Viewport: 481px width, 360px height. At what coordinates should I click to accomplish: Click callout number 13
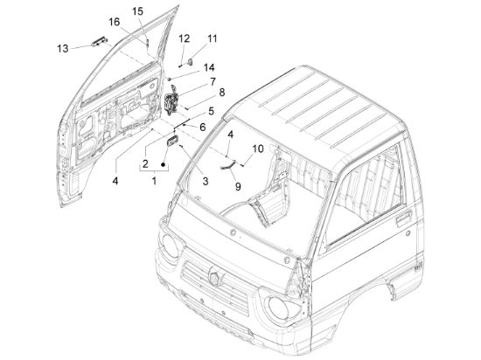pyautogui.click(x=62, y=47)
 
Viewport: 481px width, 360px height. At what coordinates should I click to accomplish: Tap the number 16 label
pyautogui.click(x=115, y=21)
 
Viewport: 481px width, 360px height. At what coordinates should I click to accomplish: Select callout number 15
pyautogui.click(x=138, y=10)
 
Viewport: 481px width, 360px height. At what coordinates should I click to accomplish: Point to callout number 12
pyautogui.click(x=185, y=38)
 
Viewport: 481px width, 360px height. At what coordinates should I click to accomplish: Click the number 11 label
pyautogui.click(x=213, y=38)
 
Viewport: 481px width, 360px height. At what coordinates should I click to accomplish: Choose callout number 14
pyautogui.click(x=208, y=67)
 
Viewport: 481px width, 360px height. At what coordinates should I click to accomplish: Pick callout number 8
pyautogui.click(x=221, y=92)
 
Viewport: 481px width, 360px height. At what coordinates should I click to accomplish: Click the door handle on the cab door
pyautogui.click(x=401, y=224)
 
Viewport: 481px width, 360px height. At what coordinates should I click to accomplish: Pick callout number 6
pyautogui.click(x=202, y=127)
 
